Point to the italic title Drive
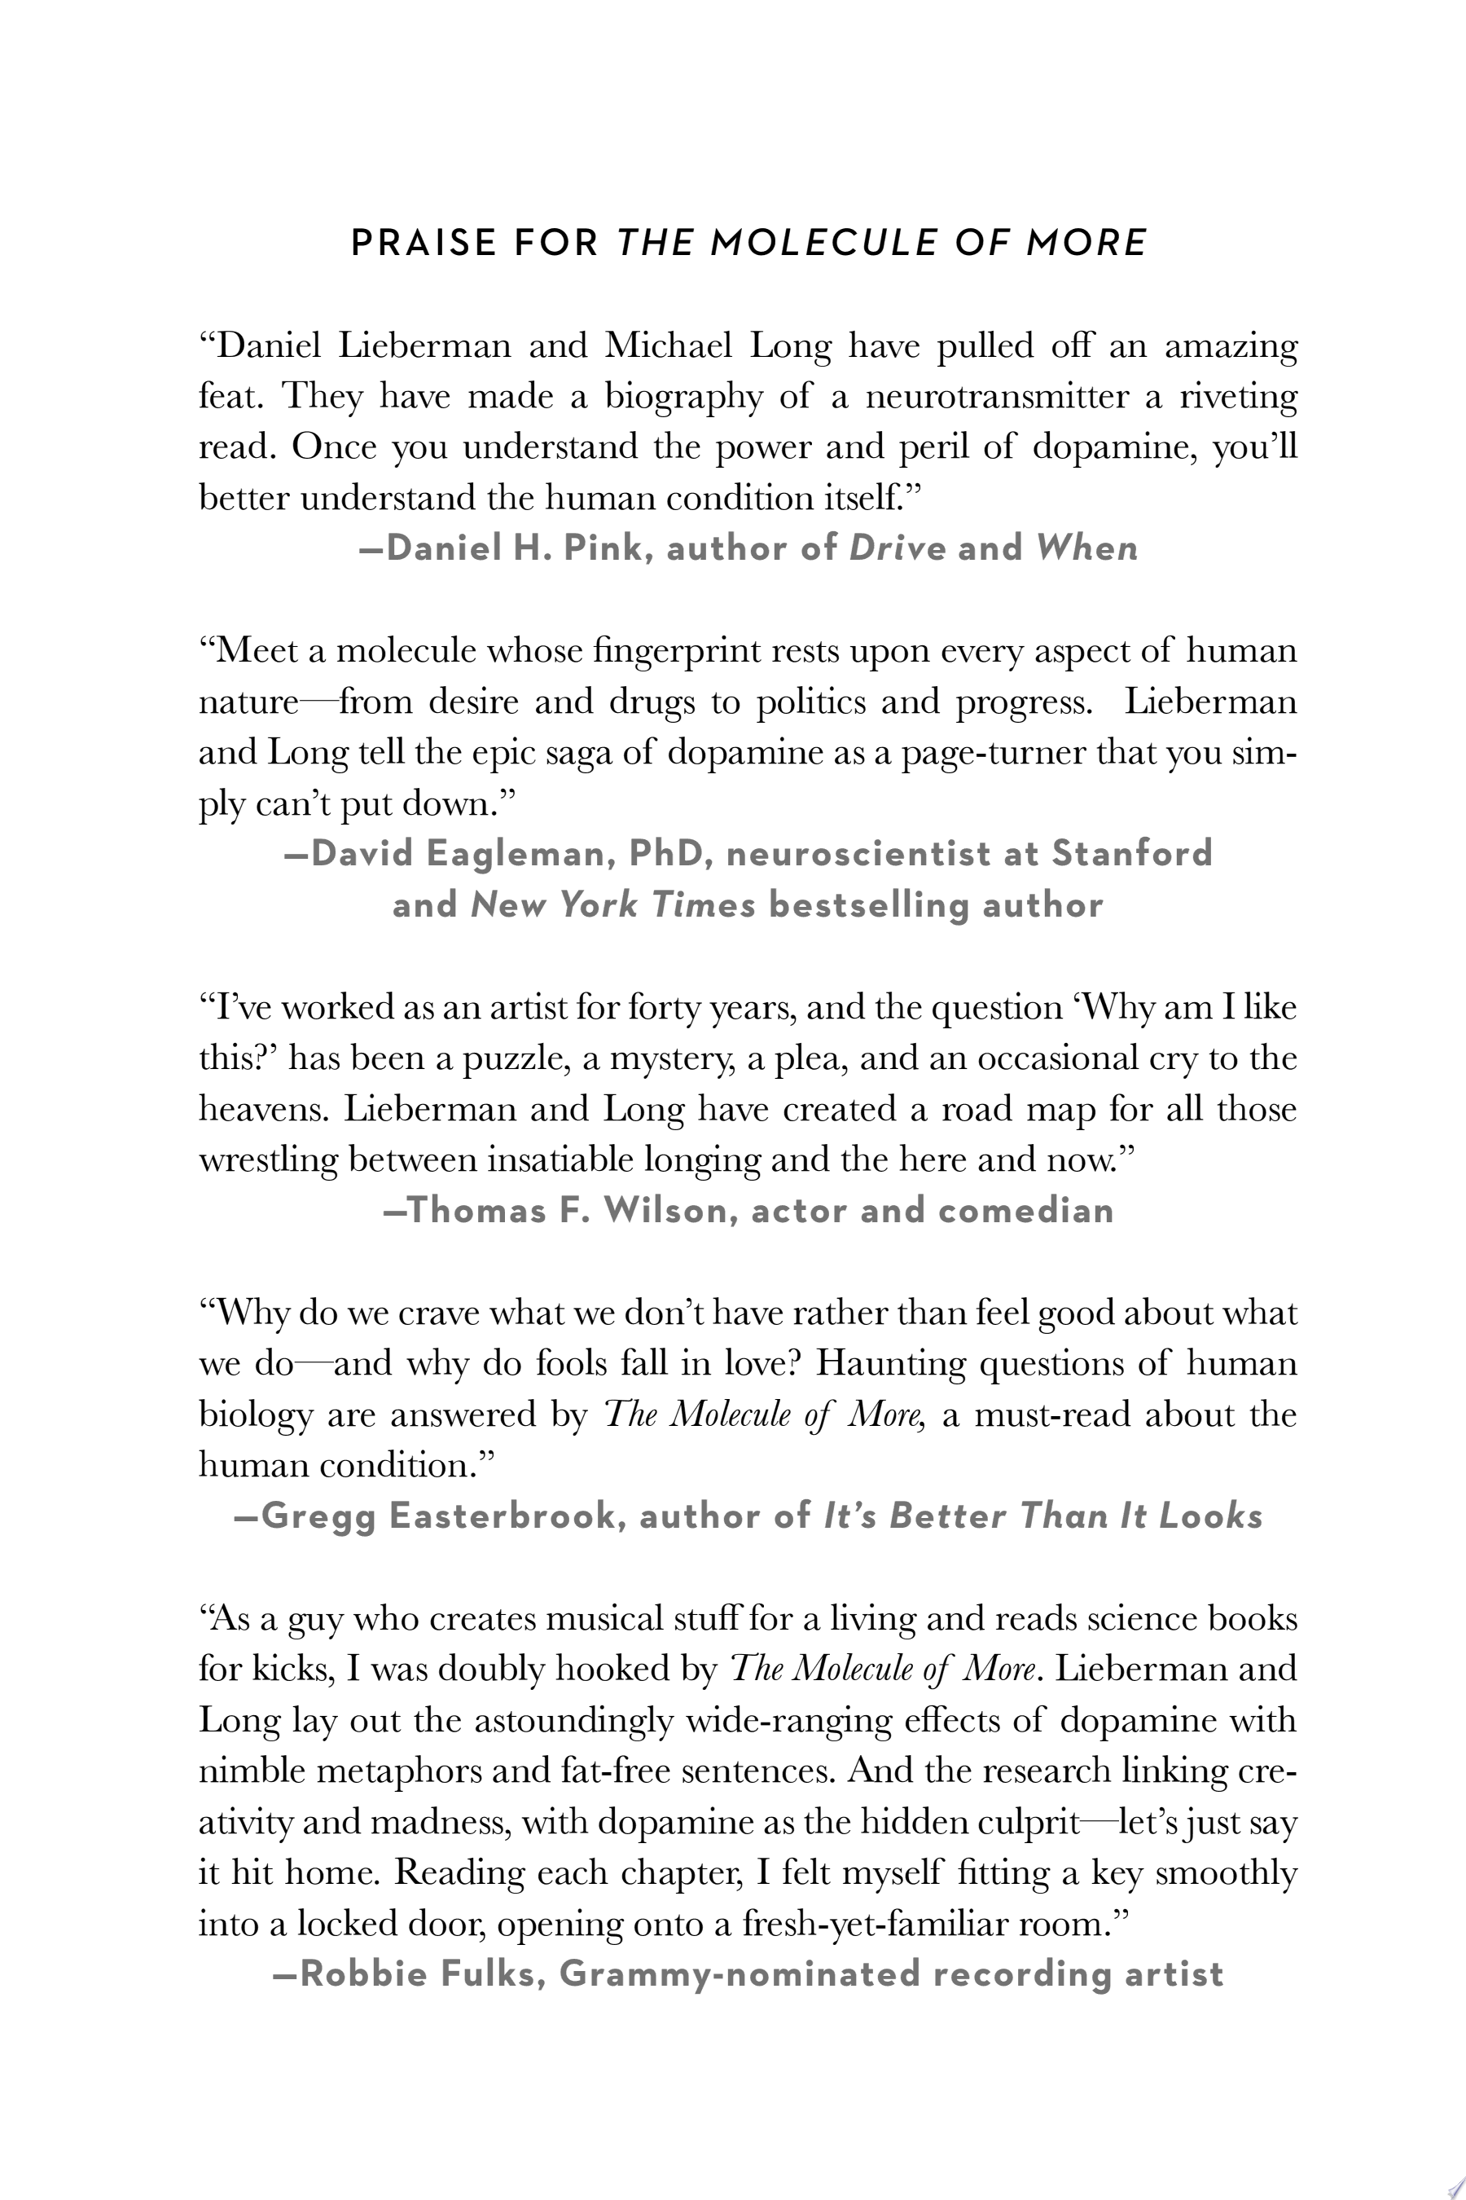click(x=897, y=548)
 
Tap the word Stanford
click(x=1132, y=853)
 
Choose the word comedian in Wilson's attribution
click(x=1025, y=1210)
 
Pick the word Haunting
click(x=890, y=1364)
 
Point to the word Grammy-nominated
click(x=740, y=1973)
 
